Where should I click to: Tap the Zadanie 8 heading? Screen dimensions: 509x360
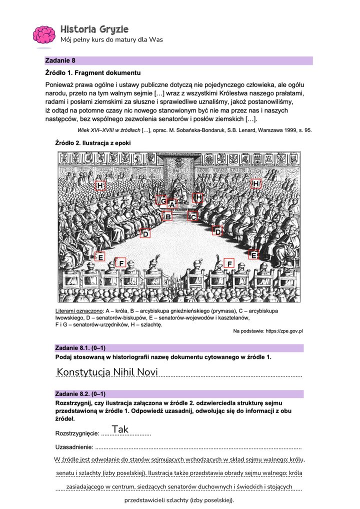(60, 60)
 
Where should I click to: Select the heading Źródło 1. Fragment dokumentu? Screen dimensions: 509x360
(92, 73)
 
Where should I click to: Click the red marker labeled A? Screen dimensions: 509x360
(172, 204)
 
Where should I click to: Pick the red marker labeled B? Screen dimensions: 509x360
(168, 216)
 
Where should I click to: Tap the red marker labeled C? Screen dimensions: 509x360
(193, 216)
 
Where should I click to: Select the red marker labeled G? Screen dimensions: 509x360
(162, 200)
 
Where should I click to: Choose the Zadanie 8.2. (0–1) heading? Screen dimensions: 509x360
(80, 393)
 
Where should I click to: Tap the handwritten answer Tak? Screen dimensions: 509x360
(120, 429)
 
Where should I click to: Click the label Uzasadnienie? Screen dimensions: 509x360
(73, 446)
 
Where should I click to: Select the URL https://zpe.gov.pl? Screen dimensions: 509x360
(279, 331)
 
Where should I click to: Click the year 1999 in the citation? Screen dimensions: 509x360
(277, 130)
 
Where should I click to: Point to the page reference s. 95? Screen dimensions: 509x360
(304, 130)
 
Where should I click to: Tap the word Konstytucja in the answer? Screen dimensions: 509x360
(82, 372)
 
